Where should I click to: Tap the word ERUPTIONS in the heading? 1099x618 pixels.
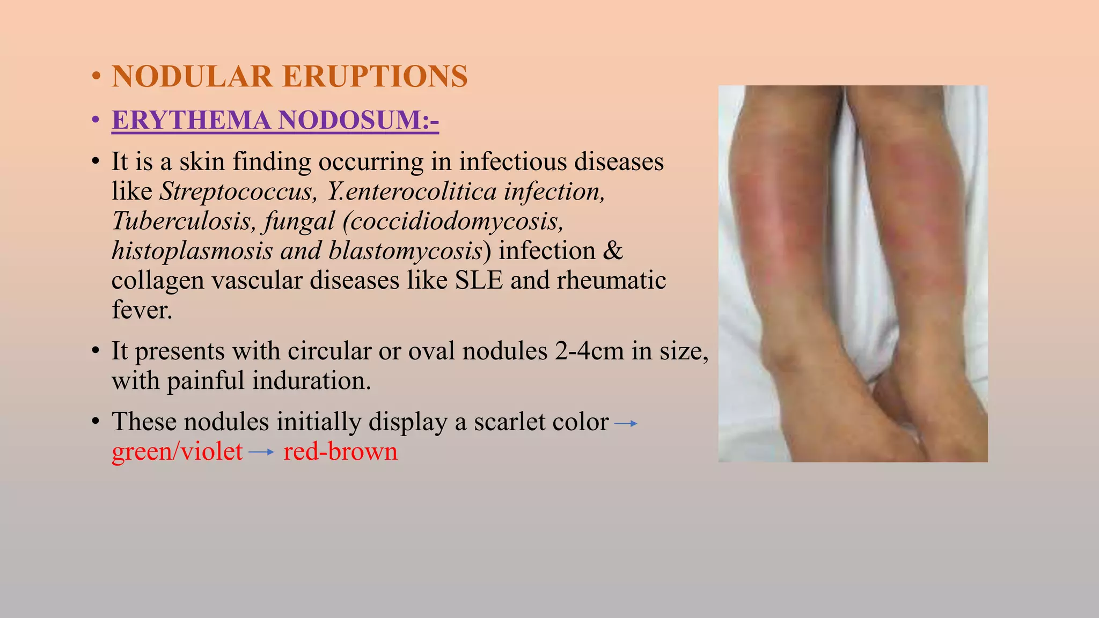pos(375,76)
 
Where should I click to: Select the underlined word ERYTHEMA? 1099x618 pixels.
pos(191,120)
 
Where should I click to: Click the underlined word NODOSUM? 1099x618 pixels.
pos(356,120)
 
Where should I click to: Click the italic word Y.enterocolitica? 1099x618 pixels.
pos(412,191)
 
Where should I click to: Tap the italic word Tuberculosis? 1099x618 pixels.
pos(184,220)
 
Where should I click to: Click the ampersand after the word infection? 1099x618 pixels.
pos(613,251)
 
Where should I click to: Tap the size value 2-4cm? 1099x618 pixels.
pos(589,351)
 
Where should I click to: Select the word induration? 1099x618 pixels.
pos(311,380)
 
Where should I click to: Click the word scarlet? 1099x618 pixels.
pos(506,422)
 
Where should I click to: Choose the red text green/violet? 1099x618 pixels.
pos(177,452)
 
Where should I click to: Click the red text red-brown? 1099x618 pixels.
pos(340,452)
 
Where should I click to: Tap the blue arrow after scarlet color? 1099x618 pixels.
pos(626,423)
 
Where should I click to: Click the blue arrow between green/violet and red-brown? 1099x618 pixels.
pos(262,453)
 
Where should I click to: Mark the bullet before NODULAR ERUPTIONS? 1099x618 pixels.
pos(96,76)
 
